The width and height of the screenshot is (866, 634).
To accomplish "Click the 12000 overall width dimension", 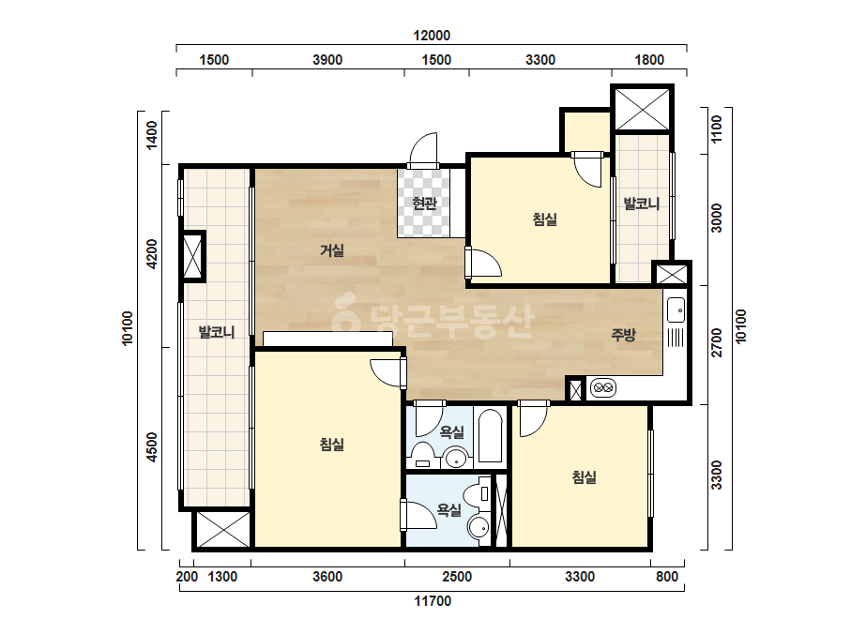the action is point(432,36).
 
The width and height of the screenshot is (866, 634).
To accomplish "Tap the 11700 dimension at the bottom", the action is point(433,601).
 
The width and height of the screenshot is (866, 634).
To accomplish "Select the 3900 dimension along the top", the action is point(327,60).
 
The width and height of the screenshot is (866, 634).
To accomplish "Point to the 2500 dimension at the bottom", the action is point(457,577).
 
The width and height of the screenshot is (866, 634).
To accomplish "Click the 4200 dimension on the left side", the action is point(152,253).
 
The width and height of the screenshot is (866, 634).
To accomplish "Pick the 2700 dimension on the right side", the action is point(716,342).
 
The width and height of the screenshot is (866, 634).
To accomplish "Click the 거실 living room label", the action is point(332,250).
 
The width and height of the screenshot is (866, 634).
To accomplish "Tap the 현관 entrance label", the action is point(424,204).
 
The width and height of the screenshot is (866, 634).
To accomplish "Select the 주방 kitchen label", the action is point(624,334).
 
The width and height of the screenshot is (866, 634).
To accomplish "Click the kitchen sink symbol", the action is point(676,309).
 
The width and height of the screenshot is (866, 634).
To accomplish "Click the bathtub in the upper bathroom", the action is point(490,436).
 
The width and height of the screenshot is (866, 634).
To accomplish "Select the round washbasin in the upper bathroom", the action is point(457,459).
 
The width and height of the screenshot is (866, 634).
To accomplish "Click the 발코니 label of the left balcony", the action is point(217,332).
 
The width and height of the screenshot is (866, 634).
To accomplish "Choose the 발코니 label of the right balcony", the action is point(642,204).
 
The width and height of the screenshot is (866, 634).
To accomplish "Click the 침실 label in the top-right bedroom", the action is point(544,219).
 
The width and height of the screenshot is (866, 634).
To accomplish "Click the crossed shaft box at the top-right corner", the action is point(642,108).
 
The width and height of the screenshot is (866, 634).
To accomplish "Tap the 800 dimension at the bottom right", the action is point(667,577).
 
